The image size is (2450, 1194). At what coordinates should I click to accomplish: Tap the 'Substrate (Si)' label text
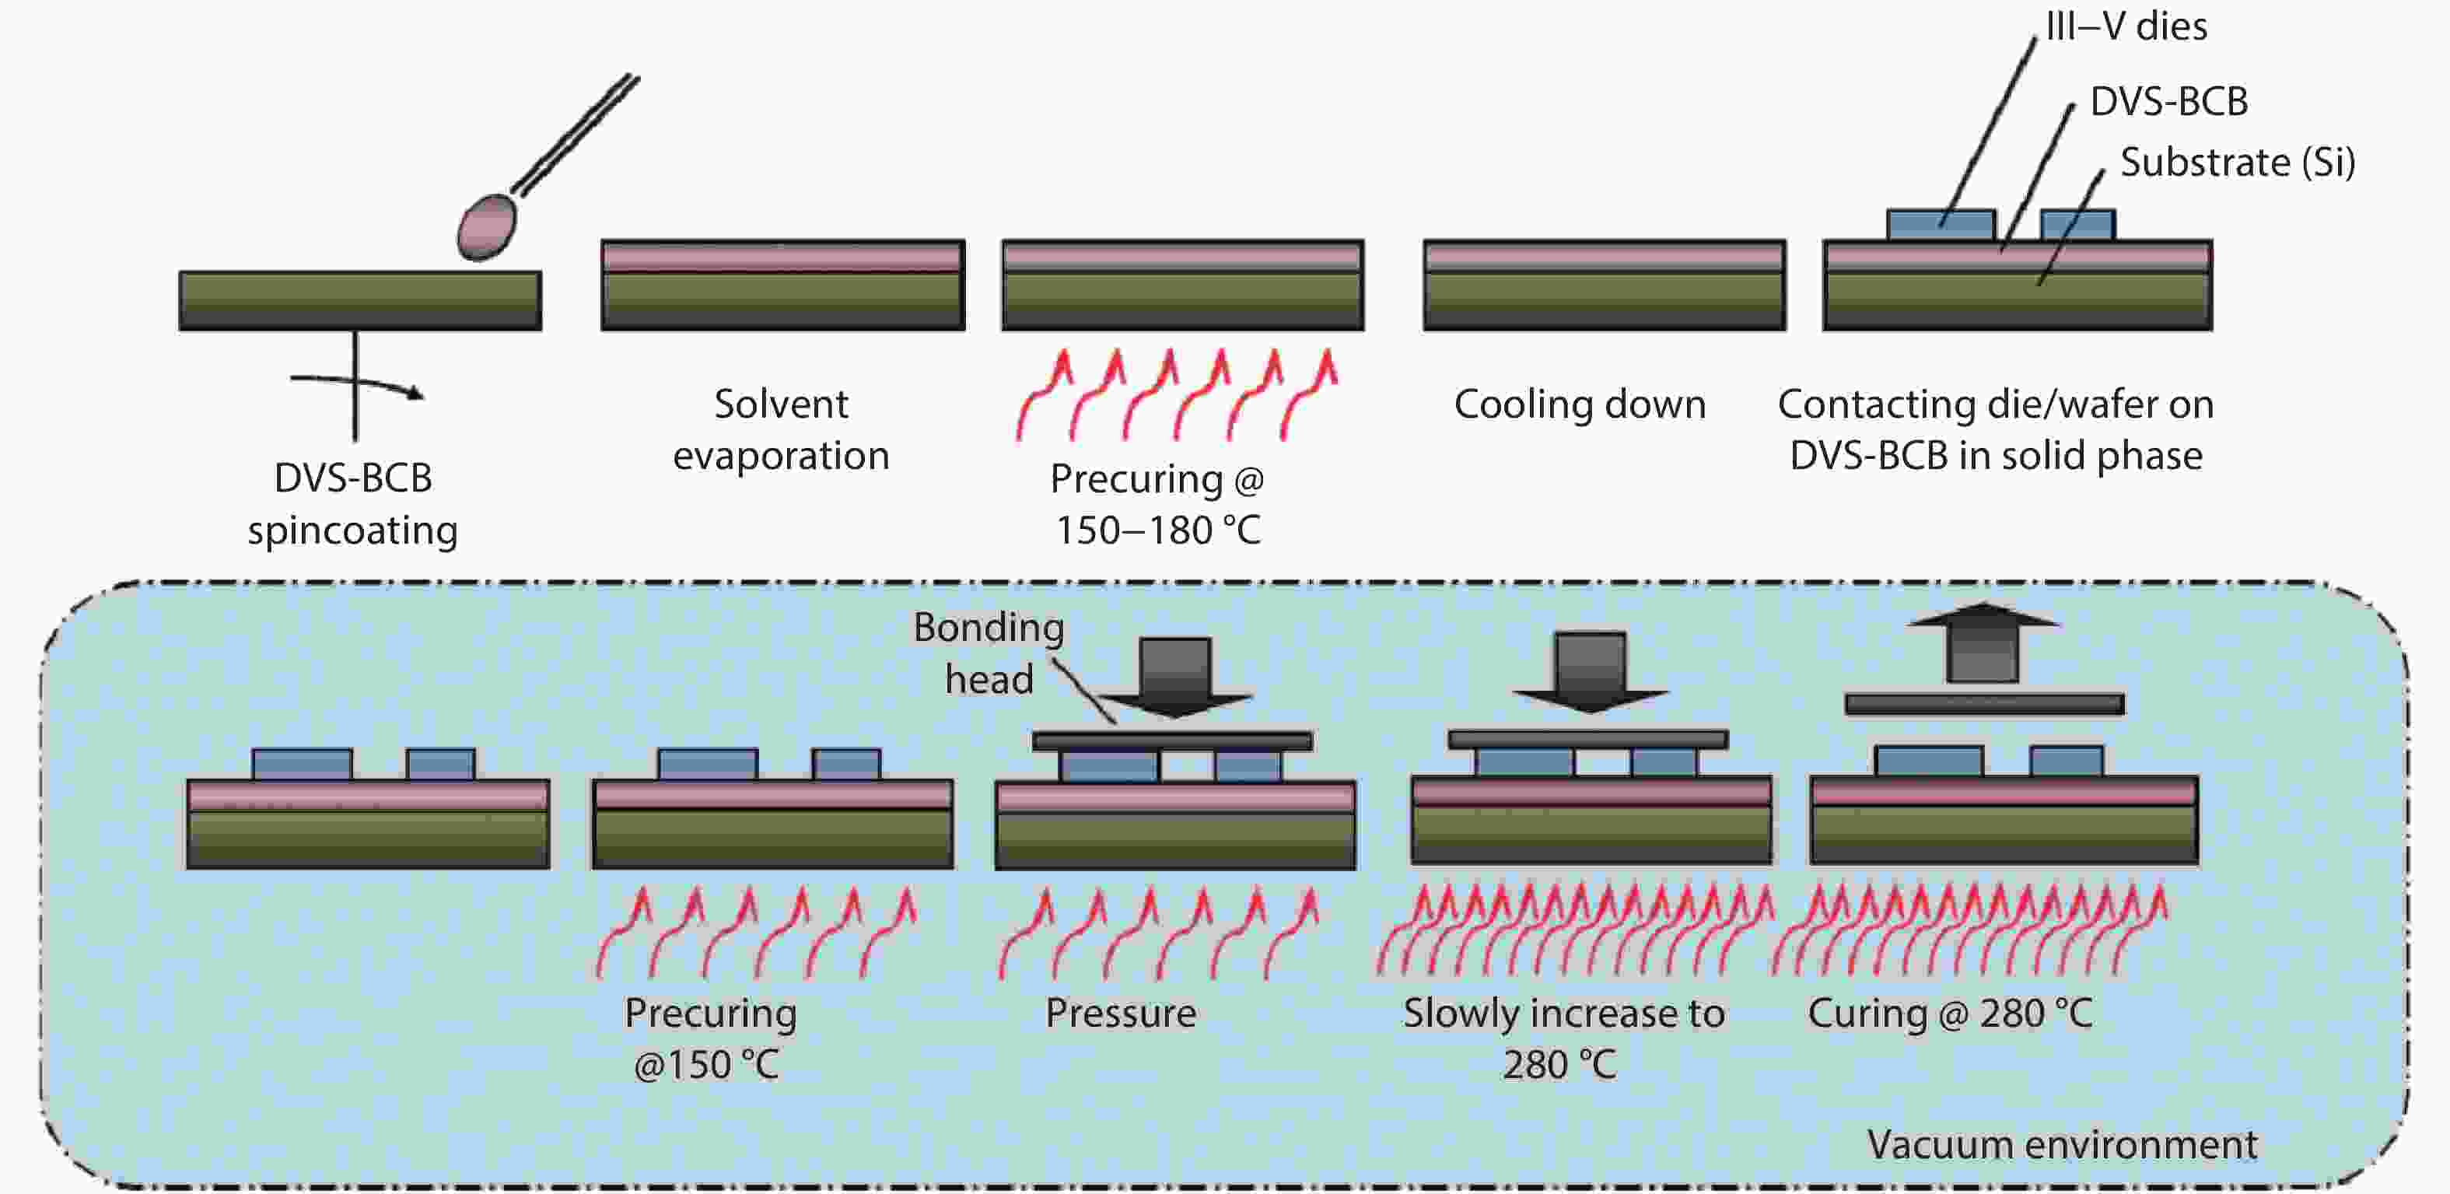(x=2237, y=162)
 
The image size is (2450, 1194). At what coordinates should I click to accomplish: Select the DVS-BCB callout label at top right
(x=2168, y=101)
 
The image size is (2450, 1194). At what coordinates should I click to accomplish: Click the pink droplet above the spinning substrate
(x=486, y=226)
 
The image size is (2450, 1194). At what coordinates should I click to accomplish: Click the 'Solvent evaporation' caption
(x=781, y=429)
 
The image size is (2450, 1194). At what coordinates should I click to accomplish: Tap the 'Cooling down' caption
(x=1580, y=404)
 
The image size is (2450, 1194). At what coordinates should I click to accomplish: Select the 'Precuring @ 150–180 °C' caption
(x=1157, y=504)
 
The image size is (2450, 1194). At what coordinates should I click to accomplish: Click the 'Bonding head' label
(x=989, y=653)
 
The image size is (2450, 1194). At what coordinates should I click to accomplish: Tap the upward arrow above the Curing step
(x=1983, y=643)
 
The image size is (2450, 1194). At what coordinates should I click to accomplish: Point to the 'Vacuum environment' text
(x=2061, y=1144)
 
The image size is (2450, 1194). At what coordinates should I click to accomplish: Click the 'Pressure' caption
(x=1120, y=1014)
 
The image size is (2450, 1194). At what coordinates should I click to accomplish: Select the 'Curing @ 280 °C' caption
(x=1950, y=1014)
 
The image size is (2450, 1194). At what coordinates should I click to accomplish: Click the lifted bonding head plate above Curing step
(x=1984, y=705)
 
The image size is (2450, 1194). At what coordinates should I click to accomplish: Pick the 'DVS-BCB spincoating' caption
(x=353, y=503)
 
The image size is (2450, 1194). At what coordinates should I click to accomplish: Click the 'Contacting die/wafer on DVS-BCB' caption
(x=1995, y=429)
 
